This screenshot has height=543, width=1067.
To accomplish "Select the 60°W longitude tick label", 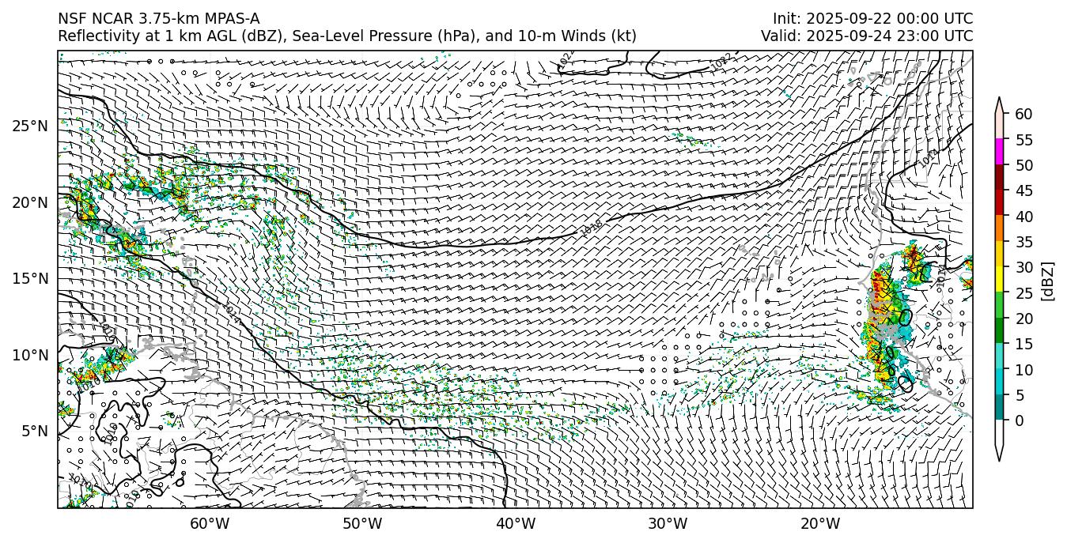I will click(x=210, y=523).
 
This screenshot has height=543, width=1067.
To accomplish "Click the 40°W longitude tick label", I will click(x=516, y=523).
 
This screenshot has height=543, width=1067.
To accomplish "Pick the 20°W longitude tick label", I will click(x=820, y=523).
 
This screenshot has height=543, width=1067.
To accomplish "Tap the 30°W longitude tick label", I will click(x=668, y=523).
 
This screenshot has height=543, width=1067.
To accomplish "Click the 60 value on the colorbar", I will click(x=1023, y=115).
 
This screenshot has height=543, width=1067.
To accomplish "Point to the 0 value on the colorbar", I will click(x=1020, y=420).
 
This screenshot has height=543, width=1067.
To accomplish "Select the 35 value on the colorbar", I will click(x=1023, y=242).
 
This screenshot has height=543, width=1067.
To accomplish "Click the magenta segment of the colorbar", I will click(x=999, y=152).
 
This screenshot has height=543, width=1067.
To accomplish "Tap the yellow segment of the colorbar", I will click(x=999, y=280).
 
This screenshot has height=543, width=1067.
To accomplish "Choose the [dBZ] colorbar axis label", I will click(x=1048, y=281).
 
